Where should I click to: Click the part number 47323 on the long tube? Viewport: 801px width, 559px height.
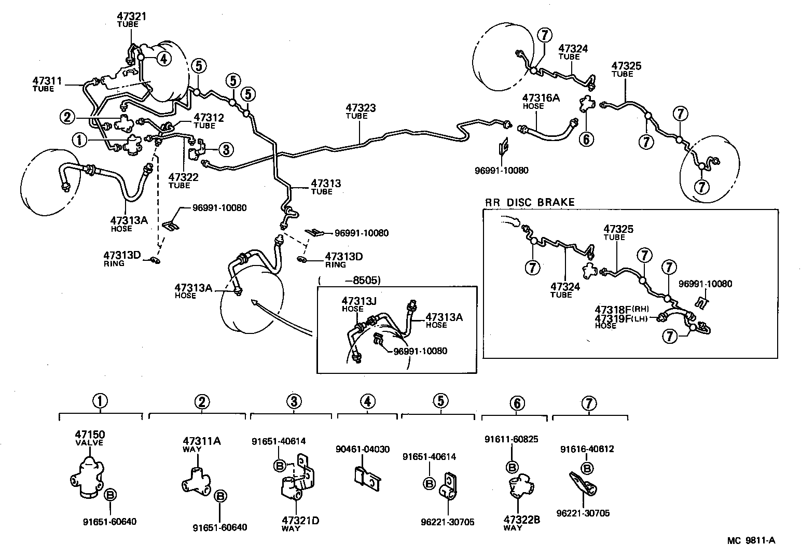[361, 108]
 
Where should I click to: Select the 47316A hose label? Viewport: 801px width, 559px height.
[541, 97]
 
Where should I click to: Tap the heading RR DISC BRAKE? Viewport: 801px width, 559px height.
[530, 202]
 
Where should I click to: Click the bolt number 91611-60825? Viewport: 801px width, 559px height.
[512, 439]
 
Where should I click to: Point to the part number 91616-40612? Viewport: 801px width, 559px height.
[587, 449]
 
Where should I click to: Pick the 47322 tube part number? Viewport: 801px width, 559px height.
[183, 177]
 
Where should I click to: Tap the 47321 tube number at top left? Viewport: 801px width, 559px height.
[131, 16]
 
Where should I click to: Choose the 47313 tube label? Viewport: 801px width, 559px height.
[326, 183]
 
